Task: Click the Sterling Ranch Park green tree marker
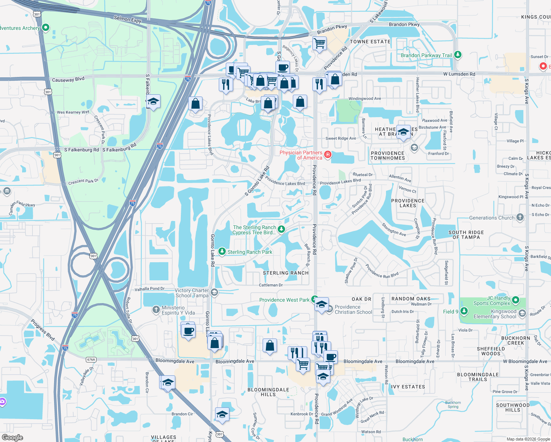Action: tap(222, 252)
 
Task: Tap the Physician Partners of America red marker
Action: tap(327, 154)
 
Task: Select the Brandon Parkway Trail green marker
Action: tap(457, 55)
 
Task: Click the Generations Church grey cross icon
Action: tap(520, 217)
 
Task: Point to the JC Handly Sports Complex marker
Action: tap(516, 300)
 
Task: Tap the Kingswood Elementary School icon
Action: tap(522, 313)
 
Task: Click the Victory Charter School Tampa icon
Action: tap(214, 292)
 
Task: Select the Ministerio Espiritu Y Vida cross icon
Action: tap(156, 310)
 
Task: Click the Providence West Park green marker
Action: tap(314, 299)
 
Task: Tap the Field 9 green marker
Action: tap(464, 311)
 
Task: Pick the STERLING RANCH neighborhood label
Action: tap(286, 273)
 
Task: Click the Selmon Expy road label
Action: tap(127, 19)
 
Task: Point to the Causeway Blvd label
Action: tap(68, 80)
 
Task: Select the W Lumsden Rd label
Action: tap(459, 74)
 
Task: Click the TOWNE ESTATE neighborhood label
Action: tap(370, 42)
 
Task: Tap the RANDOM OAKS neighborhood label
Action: tap(411, 299)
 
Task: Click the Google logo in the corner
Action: tap(12, 437)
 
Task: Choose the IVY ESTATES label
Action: tap(408, 387)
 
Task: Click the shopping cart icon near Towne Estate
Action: tap(319, 43)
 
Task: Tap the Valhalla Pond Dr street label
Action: tap(149, 289)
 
